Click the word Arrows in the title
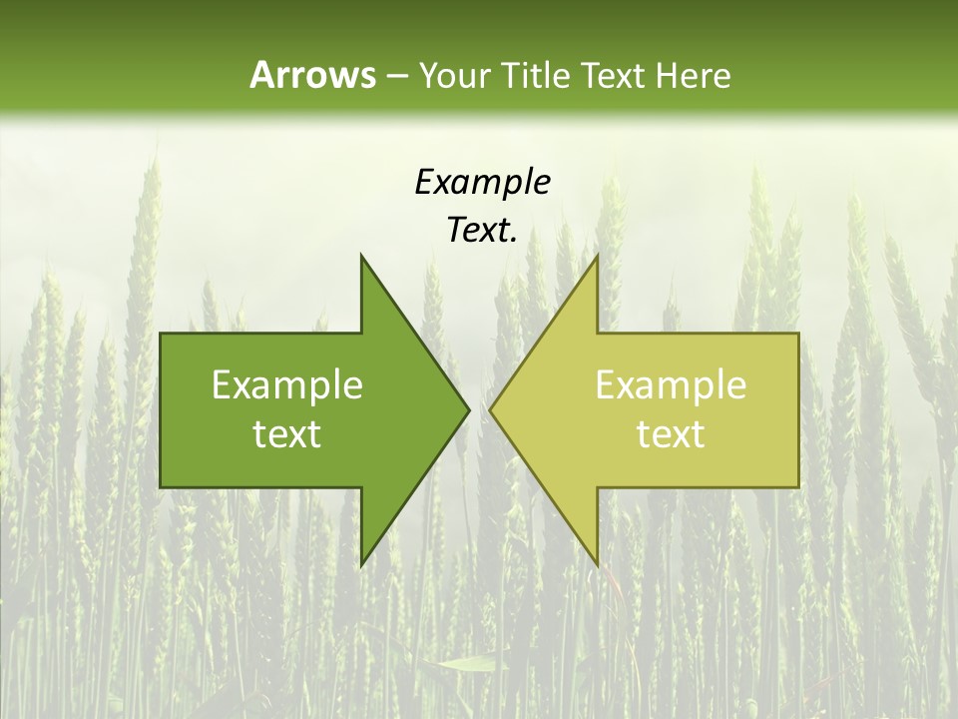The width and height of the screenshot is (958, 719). [311, 75]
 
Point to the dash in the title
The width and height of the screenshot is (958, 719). [396, 76]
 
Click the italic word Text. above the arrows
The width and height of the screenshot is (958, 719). [482, 230]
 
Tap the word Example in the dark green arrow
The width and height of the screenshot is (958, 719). [287, 385]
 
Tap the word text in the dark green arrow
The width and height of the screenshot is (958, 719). [287, 434]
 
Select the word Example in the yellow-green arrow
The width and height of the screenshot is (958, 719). [671, 385]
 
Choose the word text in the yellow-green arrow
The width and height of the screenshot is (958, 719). [671, 434]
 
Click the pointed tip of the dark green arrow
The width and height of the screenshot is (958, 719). [468, 409]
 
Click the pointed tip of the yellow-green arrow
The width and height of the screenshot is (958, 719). [491, 409]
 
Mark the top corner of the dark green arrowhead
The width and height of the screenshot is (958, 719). [362, 257]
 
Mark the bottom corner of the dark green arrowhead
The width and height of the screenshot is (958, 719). [362, 563]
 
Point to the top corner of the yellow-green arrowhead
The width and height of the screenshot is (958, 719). [597, 257]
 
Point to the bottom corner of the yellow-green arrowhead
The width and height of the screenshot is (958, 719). [597, 563]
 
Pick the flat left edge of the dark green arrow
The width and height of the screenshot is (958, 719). [162, 409]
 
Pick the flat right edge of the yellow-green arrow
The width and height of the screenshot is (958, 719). [798, 409]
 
